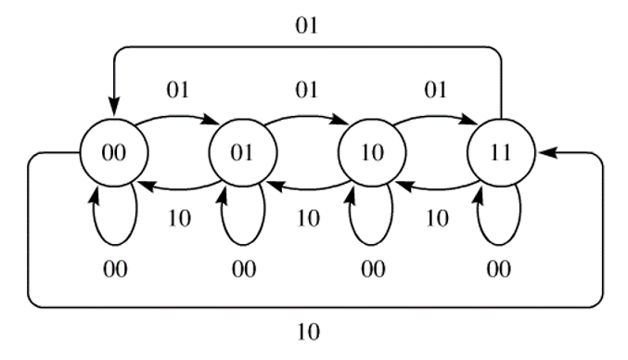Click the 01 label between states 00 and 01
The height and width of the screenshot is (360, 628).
(x=176, y=91)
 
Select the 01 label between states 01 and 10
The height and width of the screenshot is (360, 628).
(x=306, y=91)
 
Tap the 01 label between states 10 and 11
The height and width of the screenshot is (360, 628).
(x=435, y=91)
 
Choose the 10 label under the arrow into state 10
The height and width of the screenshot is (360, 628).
(x=436, y=219)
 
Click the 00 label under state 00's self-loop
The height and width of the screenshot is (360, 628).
(x=114, y=270)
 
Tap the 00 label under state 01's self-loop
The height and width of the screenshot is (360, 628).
(x=243, y=270)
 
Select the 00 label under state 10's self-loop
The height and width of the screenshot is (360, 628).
(x=372, y=270)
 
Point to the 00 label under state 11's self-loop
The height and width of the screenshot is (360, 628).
(x=501, y=270)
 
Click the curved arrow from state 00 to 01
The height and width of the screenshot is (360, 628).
(x=176, y=117)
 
